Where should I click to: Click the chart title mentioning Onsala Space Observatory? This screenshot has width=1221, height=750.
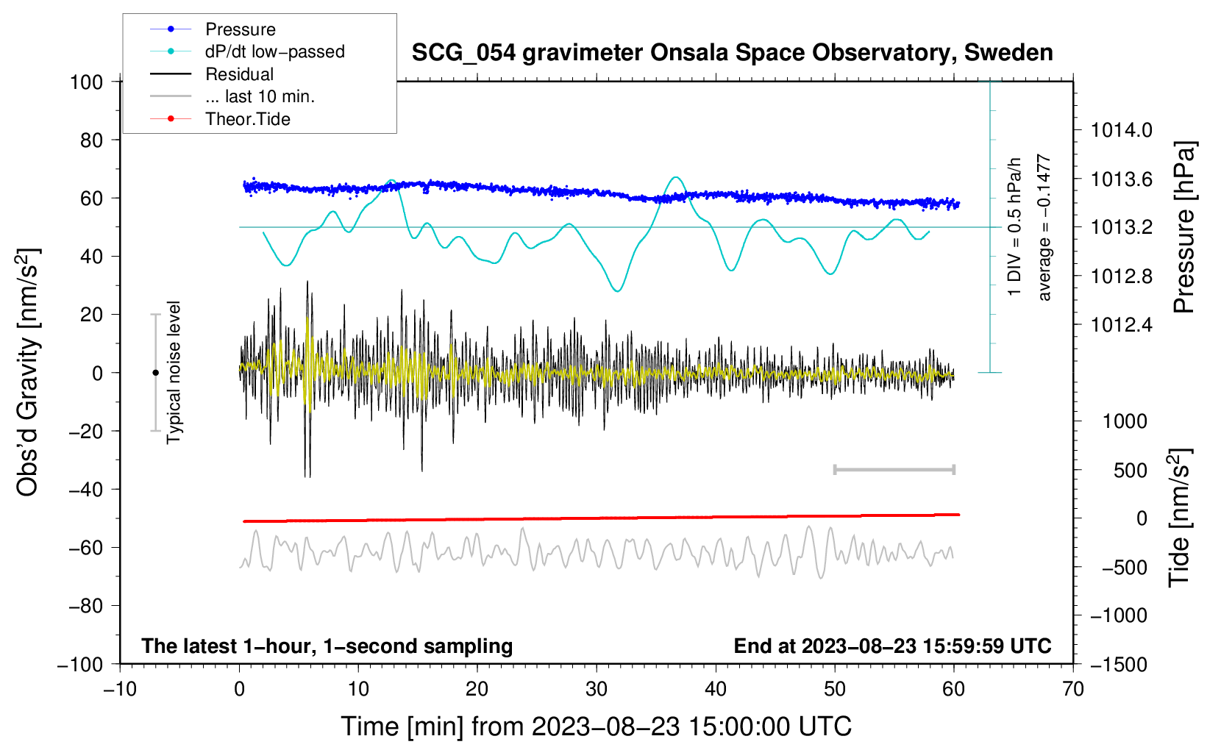pos(732,53)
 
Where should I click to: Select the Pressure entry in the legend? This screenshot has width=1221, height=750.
pos(240,29)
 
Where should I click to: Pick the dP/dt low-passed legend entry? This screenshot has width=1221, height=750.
pos(274,51)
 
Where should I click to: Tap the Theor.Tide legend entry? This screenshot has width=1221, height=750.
pos(247,119)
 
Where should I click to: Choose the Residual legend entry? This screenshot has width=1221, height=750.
pos(239,74)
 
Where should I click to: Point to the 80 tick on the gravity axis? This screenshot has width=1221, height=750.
pos(91,140)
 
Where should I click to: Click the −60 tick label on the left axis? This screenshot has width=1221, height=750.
pos(85,548)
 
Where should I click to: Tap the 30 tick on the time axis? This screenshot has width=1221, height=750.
pos(597,689)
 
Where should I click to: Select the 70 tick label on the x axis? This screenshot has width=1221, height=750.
pos(1073,689)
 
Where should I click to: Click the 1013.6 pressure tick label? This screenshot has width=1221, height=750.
pos(1122,179)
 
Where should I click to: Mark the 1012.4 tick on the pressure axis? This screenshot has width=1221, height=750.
pos(1122,325)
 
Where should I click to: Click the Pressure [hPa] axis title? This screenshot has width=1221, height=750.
pos(1183,227)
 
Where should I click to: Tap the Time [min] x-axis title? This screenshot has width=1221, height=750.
pos(597,726)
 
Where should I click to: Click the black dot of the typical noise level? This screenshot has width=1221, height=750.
pos(155,373)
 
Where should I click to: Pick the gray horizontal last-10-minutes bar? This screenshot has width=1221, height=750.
pos(894,469)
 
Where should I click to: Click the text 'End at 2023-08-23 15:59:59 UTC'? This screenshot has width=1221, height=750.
pos(892,646)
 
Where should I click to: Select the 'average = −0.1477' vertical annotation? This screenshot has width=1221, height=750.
pos(1044,227)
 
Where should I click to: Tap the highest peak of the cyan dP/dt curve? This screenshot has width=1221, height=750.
pos(675,177)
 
